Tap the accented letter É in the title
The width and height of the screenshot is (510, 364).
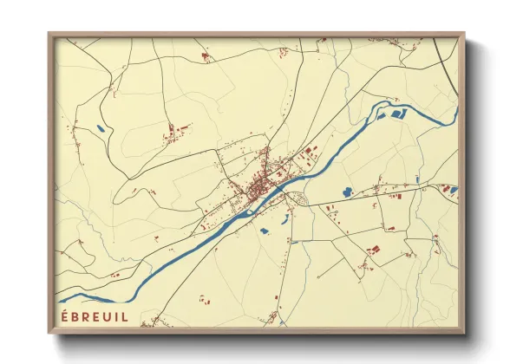(x=64, y=316)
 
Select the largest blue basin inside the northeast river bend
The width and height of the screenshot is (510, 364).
(x=399, y=114)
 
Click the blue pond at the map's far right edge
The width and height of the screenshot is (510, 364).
(x=451, y=189)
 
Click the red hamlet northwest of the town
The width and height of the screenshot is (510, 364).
(x=176, y=133)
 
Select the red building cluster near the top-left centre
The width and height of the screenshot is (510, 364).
(x=205, y=56)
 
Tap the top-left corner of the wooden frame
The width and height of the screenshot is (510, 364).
(x=49, y=34)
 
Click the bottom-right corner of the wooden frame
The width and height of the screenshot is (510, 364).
(x=464, y=334)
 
